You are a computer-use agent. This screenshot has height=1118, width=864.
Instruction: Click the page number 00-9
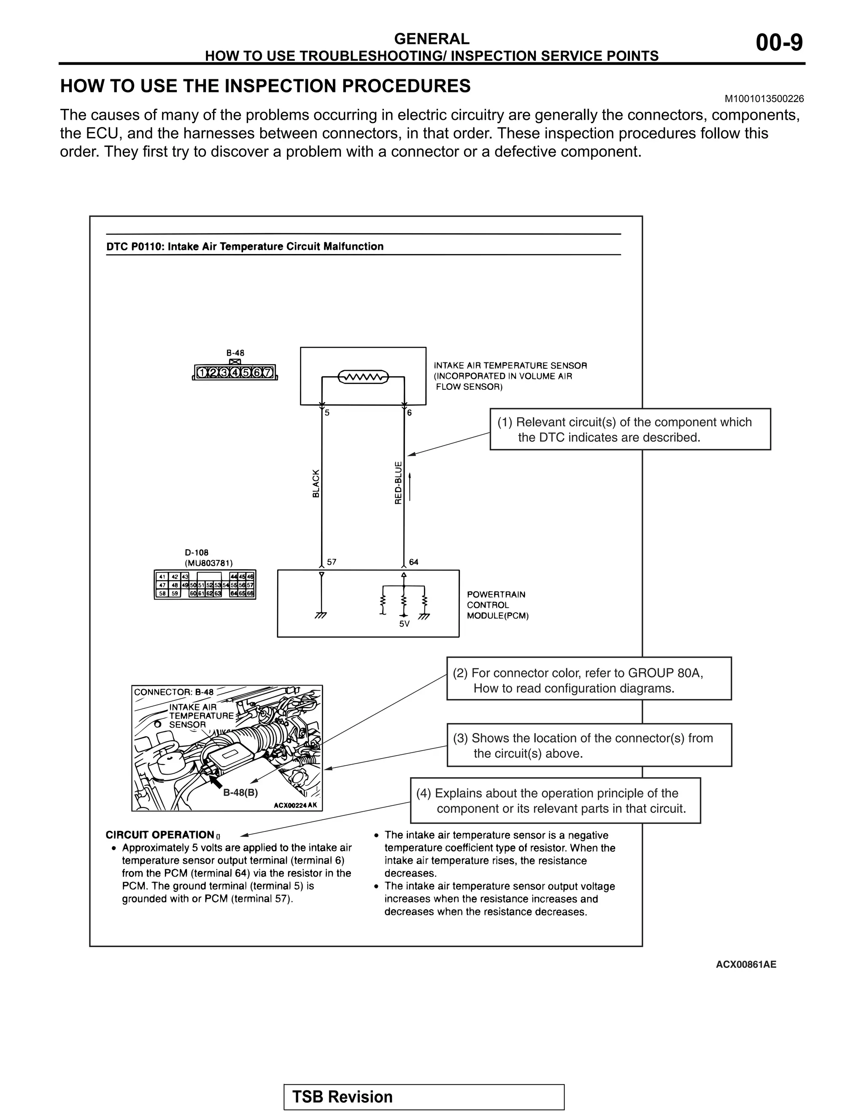779,43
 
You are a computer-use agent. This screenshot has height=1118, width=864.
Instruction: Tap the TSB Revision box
424,1096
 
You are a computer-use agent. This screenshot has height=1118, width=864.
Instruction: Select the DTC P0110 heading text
245,246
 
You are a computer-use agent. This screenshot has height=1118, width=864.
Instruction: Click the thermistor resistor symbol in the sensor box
363,378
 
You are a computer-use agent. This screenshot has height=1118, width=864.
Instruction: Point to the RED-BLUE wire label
398,483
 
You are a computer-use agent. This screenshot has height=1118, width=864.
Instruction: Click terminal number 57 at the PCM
332,562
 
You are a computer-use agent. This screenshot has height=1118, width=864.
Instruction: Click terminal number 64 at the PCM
413,562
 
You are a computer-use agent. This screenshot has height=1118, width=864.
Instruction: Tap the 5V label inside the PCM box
404,624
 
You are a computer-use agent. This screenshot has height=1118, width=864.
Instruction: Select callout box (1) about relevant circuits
630,429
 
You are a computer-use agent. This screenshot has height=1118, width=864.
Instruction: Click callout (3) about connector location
589,745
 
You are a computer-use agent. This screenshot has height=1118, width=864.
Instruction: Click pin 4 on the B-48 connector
235,372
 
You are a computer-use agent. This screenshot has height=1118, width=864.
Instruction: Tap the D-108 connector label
197,553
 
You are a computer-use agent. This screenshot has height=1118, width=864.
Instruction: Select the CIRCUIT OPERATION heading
160,835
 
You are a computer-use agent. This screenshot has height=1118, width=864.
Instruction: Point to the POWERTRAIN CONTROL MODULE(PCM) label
497,605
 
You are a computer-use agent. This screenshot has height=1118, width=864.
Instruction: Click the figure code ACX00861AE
746,964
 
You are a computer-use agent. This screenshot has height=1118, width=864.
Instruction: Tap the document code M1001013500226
764,99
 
